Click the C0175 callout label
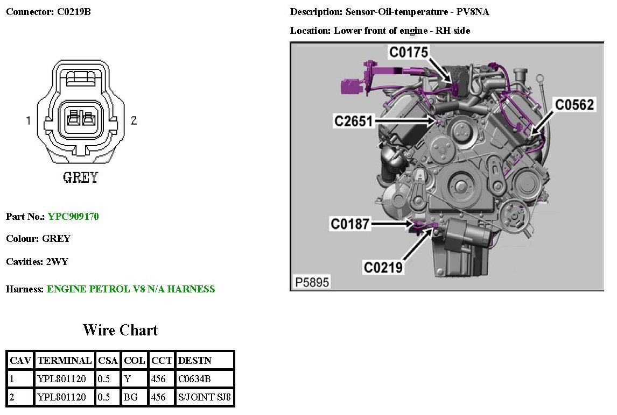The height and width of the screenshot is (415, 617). pos(409,52)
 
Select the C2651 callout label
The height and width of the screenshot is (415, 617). pos(353,121)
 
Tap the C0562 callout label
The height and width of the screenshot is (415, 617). pos(574,104)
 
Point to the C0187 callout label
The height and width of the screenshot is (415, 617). pos(350,223)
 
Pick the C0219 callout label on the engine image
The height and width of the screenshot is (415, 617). pos(383,267)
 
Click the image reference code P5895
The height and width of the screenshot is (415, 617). pos(312,282)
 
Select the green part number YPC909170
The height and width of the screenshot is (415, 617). pos(73,217)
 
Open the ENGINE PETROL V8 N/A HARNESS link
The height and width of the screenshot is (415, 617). pos(131,289)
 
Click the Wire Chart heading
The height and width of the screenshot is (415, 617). pos(120,330)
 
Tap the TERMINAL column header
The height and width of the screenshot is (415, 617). pos(65,360)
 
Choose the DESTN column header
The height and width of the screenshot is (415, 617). pos(195,360)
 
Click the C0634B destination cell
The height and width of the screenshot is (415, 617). pos(194,379)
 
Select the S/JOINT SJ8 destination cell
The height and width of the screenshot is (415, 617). pos(204,398)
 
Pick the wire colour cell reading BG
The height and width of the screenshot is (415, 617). pos(130,398)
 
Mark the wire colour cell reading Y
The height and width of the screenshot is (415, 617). pos(128,379)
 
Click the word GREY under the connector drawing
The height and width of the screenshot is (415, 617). pos(81,177)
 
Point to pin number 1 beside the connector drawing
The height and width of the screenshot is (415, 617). pos(29,120)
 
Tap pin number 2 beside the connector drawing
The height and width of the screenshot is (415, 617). pos(134,120)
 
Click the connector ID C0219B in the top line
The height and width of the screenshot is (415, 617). pos(74,12)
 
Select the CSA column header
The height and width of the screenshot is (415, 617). pos(108,360)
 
